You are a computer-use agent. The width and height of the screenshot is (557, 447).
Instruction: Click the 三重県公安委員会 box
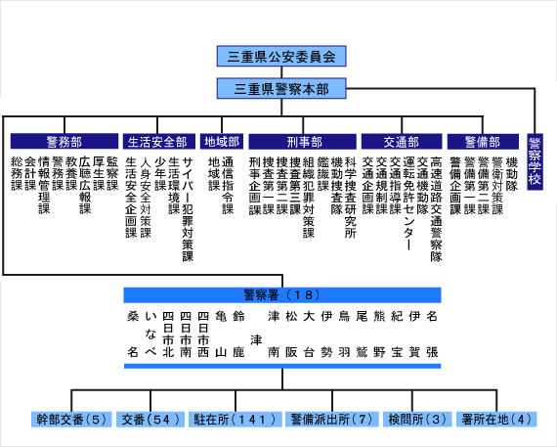point(281,56)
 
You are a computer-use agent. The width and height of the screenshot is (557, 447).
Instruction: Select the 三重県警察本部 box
point(281,89)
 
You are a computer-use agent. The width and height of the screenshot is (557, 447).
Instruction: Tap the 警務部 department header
point(64,141)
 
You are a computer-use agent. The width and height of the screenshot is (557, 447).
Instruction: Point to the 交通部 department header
point(400,141)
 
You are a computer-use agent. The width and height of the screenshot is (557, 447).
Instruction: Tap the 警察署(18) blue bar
point(281,293)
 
